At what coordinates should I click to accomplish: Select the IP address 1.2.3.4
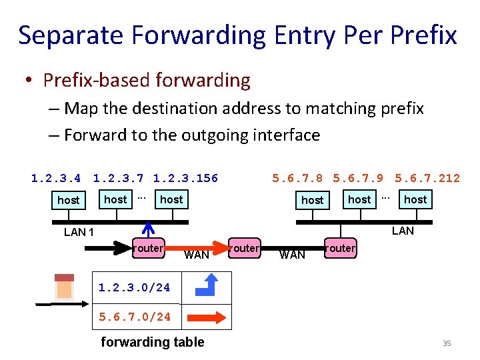[56, 178]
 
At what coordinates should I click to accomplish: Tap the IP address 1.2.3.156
[185, 178]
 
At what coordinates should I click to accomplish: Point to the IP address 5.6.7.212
[427, 178]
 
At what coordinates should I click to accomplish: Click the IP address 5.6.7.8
[297, 178]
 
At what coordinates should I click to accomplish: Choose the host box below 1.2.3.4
[68, 200]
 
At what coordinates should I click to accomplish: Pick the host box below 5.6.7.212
[415, 199]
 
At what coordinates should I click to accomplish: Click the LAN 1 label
[79, 233]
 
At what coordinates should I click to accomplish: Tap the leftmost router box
[148, 248]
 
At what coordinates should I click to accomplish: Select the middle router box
[245, 248]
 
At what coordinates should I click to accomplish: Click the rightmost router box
[341, 248]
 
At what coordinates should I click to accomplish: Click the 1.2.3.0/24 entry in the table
[134, 288]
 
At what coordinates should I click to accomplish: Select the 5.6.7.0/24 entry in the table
[135, 317]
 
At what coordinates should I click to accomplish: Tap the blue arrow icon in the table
[206, 286]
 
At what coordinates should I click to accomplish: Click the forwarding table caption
[152, 342]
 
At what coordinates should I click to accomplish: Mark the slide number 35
[447, 343]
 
